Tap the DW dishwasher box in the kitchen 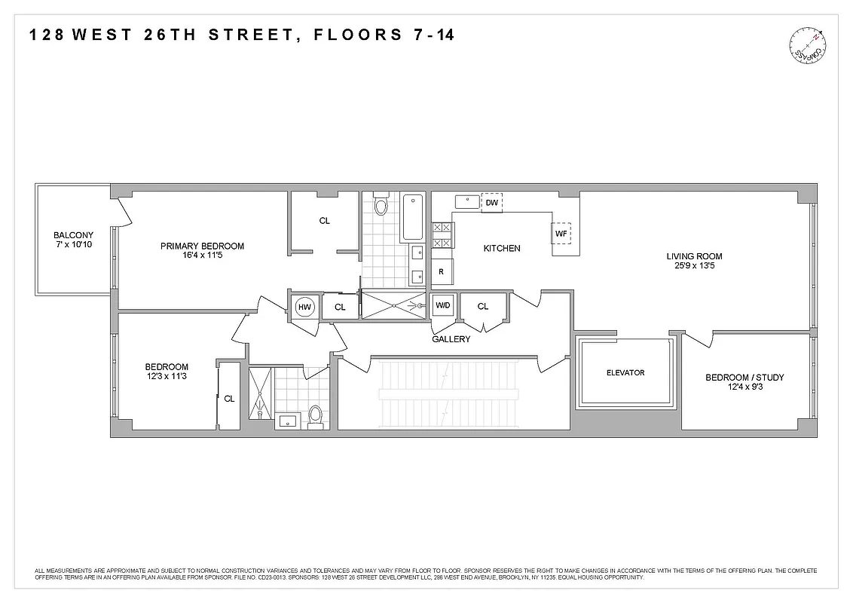click(x=491, y=203)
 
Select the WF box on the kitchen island click(x=561, y=234)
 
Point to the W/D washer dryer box click(x=442, y=306)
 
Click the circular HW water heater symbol click(x=304, y=307)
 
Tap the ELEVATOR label click(x=625, y=373)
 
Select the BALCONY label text click(x=73, y=235)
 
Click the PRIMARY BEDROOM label click(x=202, y=246)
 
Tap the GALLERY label click(x=451, y=339)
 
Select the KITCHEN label click(x=502, y=248)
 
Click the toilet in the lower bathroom click(x=315, y=416)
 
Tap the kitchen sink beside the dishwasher click(x=467, y=202)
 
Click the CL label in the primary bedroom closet click(x=324, y=221)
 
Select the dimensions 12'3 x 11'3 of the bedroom click(x=167, y=378)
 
